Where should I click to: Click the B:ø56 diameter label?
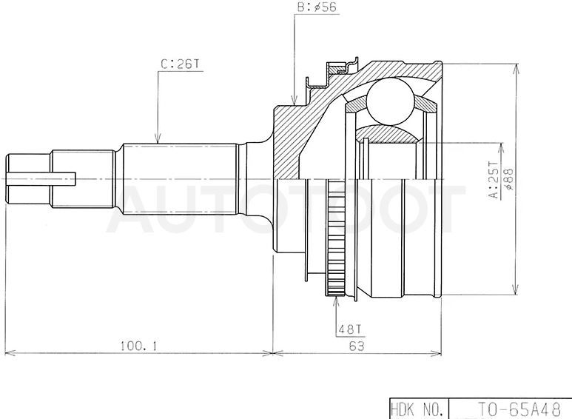(317, 7)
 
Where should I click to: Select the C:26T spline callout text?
(181, 64)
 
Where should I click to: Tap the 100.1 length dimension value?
(139, 345)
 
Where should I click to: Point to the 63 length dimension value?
(357, 346)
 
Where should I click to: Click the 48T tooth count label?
(351, 329)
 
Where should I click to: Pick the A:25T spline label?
(494, 180)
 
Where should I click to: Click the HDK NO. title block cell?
(417, 409)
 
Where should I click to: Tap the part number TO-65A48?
(519, 409)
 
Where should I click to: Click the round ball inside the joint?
(390, 102)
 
